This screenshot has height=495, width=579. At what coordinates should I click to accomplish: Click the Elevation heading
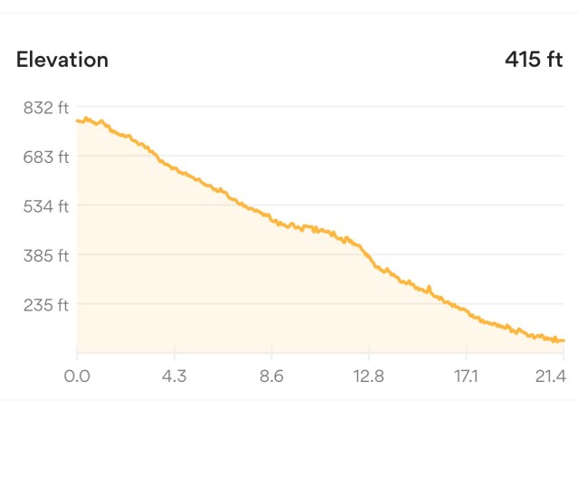62,61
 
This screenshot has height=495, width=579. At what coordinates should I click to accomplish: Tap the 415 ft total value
534,61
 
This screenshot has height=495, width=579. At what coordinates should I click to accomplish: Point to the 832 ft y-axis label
45,108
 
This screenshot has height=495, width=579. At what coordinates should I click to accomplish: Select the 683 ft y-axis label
45,157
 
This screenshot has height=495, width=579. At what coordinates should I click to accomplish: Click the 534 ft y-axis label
45,206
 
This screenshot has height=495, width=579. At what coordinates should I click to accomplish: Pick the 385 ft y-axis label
45,256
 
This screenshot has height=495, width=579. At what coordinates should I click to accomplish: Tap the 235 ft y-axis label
45,305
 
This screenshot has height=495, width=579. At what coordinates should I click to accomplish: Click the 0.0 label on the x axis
77,375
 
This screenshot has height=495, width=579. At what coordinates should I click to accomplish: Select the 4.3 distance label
175,375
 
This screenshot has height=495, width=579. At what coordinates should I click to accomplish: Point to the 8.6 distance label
271,375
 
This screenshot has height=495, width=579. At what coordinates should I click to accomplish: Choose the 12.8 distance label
369,375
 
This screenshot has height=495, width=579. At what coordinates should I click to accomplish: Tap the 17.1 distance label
466,375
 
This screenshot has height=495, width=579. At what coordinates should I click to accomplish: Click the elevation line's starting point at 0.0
78,120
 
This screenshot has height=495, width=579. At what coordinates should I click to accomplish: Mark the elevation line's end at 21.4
563,340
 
